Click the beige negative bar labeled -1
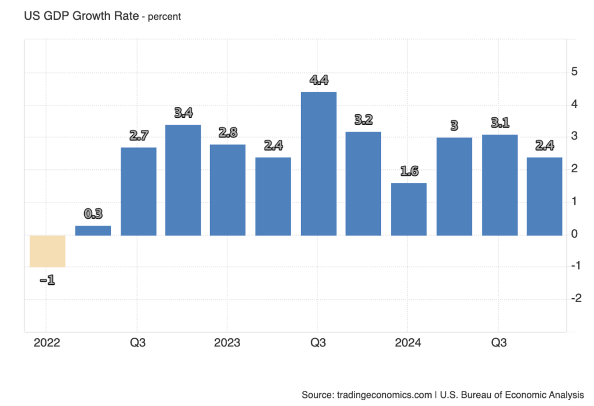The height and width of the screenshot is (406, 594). click(x=48, y=251)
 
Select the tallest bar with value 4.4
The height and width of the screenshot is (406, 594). click(x=318, y=164)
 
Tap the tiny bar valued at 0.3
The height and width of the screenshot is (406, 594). click(x=93, y=230)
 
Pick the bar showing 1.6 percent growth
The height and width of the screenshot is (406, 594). click(x=409, y=209)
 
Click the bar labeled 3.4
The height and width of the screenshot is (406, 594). click(x=183, y=180)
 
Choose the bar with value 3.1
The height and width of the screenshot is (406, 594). click(x=499, y=185)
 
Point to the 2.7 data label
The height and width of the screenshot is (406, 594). click(x=138, y=136)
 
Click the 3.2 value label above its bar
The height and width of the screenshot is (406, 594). click(x=364, y=120)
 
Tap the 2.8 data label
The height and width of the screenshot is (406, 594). click(x=228, y=133)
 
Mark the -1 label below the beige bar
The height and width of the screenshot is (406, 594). click(x=48, y=281)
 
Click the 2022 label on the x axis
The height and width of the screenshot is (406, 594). click(x=46, y=343)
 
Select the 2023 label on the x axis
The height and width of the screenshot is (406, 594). click(x=227, y=343)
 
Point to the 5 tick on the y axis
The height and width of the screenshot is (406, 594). click(x=574, y=72)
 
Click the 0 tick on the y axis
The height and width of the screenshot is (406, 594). click(x=574, y=234)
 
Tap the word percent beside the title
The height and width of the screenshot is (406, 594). click(x=165, y=17)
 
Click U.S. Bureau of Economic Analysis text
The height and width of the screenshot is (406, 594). click(x=512, y=394)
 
